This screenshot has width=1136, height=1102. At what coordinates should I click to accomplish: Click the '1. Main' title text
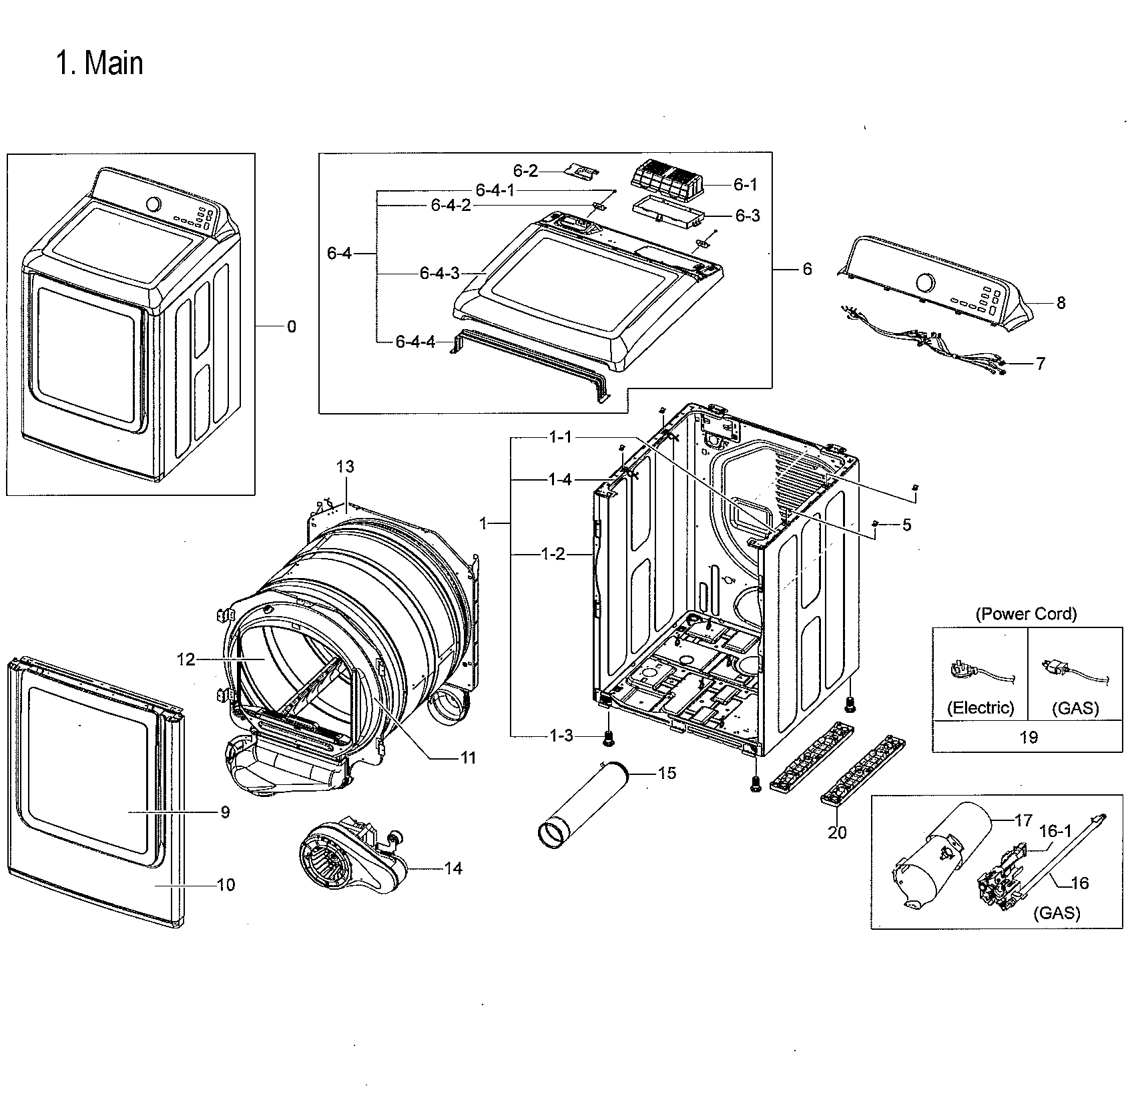point(99,63)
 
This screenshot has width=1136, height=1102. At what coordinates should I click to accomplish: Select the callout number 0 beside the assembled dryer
point(291,326)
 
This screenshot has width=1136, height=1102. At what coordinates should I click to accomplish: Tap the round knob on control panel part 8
point(925,283)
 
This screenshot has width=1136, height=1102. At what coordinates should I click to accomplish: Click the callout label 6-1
point(745,184)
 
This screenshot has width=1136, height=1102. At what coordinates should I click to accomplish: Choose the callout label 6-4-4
point(415,342)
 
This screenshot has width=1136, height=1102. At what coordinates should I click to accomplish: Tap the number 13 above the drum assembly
point(345,467)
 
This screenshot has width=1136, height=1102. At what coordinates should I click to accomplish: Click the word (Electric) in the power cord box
point(980,708)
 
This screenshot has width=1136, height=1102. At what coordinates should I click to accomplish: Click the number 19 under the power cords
point(1029,737)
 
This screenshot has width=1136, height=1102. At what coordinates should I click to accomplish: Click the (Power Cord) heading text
point(1026,614)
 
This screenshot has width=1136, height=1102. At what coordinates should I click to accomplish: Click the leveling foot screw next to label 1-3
point(608,737)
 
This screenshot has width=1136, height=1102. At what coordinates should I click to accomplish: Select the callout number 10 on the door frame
point(226,885)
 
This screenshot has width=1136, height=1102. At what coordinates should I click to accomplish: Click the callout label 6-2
point(525,171)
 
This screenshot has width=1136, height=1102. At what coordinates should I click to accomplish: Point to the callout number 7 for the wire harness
point(1041,363)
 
